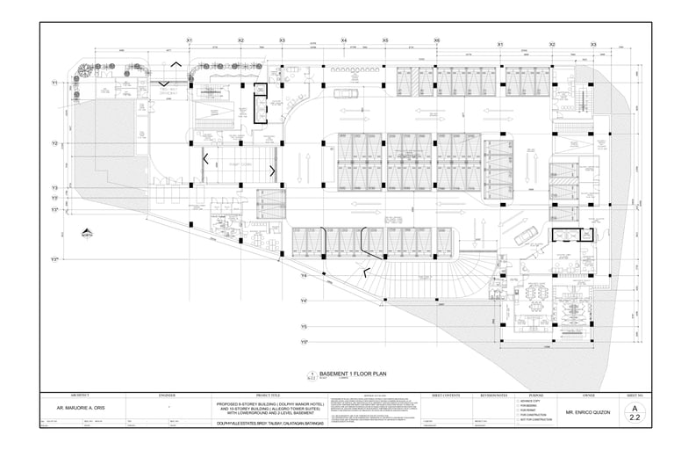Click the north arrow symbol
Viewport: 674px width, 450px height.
87,234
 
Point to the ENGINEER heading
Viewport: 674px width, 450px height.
167,396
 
